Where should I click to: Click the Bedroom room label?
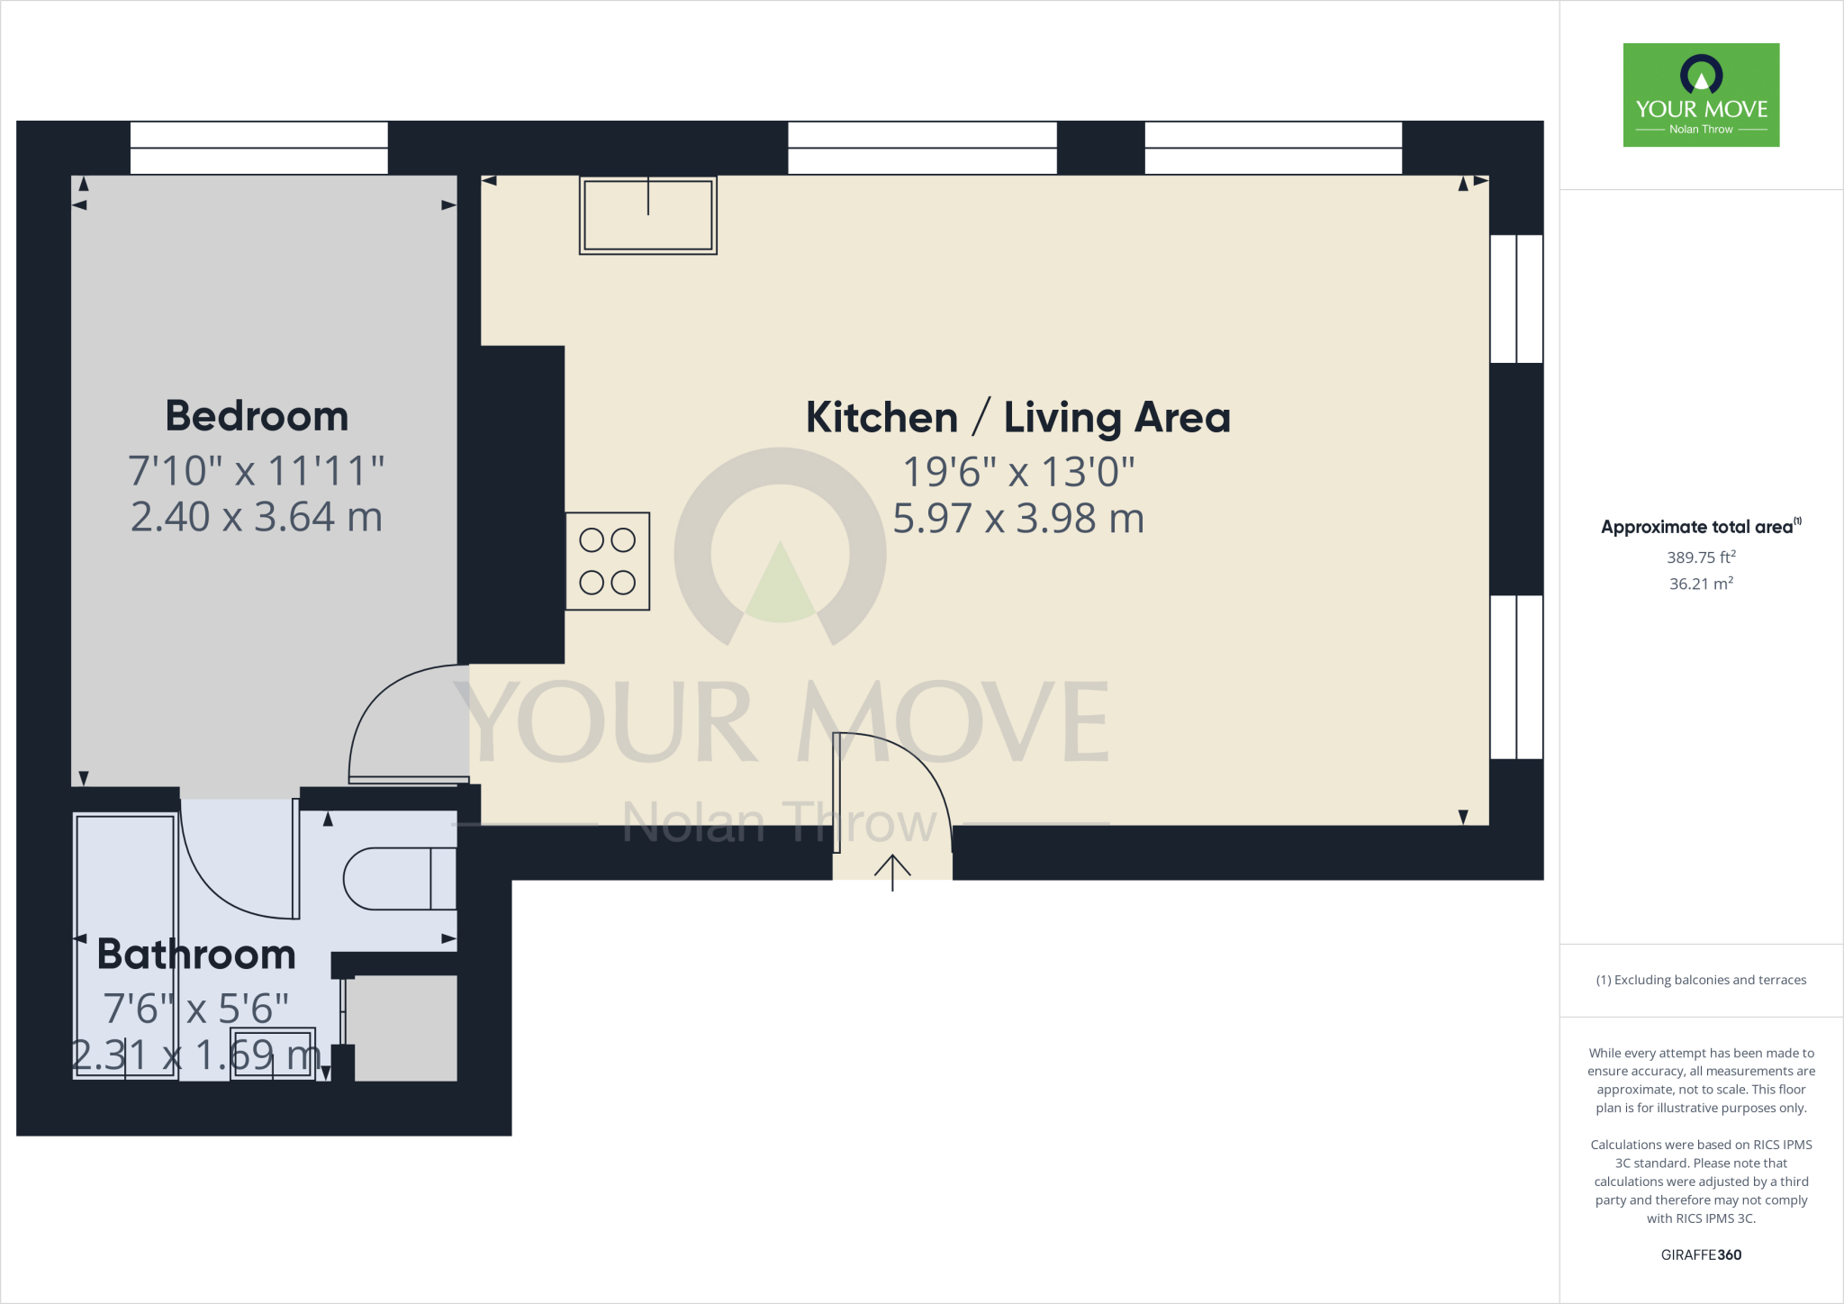coord(257,416)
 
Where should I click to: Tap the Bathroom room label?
coord(196,955)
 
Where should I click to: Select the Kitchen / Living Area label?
coord(1017,418)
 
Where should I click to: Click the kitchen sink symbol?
coord(647,215)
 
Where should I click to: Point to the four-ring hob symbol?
coord(608,561)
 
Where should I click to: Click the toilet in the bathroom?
coord(400,878)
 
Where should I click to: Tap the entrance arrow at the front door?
coord(892,871)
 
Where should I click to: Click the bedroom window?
coord(258,148)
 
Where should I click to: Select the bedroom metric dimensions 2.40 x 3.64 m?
coord(257,517)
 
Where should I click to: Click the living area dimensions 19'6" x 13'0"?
coord(1017,472)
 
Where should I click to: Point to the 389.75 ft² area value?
coord(1701,557)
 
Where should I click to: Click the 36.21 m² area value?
coord(1701,584)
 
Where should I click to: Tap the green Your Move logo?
coord(1701,95)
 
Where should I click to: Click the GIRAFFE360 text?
coord(1701,1254)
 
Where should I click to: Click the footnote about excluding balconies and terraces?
coord(1701,980)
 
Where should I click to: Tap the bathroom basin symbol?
coord(273,1053)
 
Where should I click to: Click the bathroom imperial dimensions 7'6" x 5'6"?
coord(196,1009)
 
